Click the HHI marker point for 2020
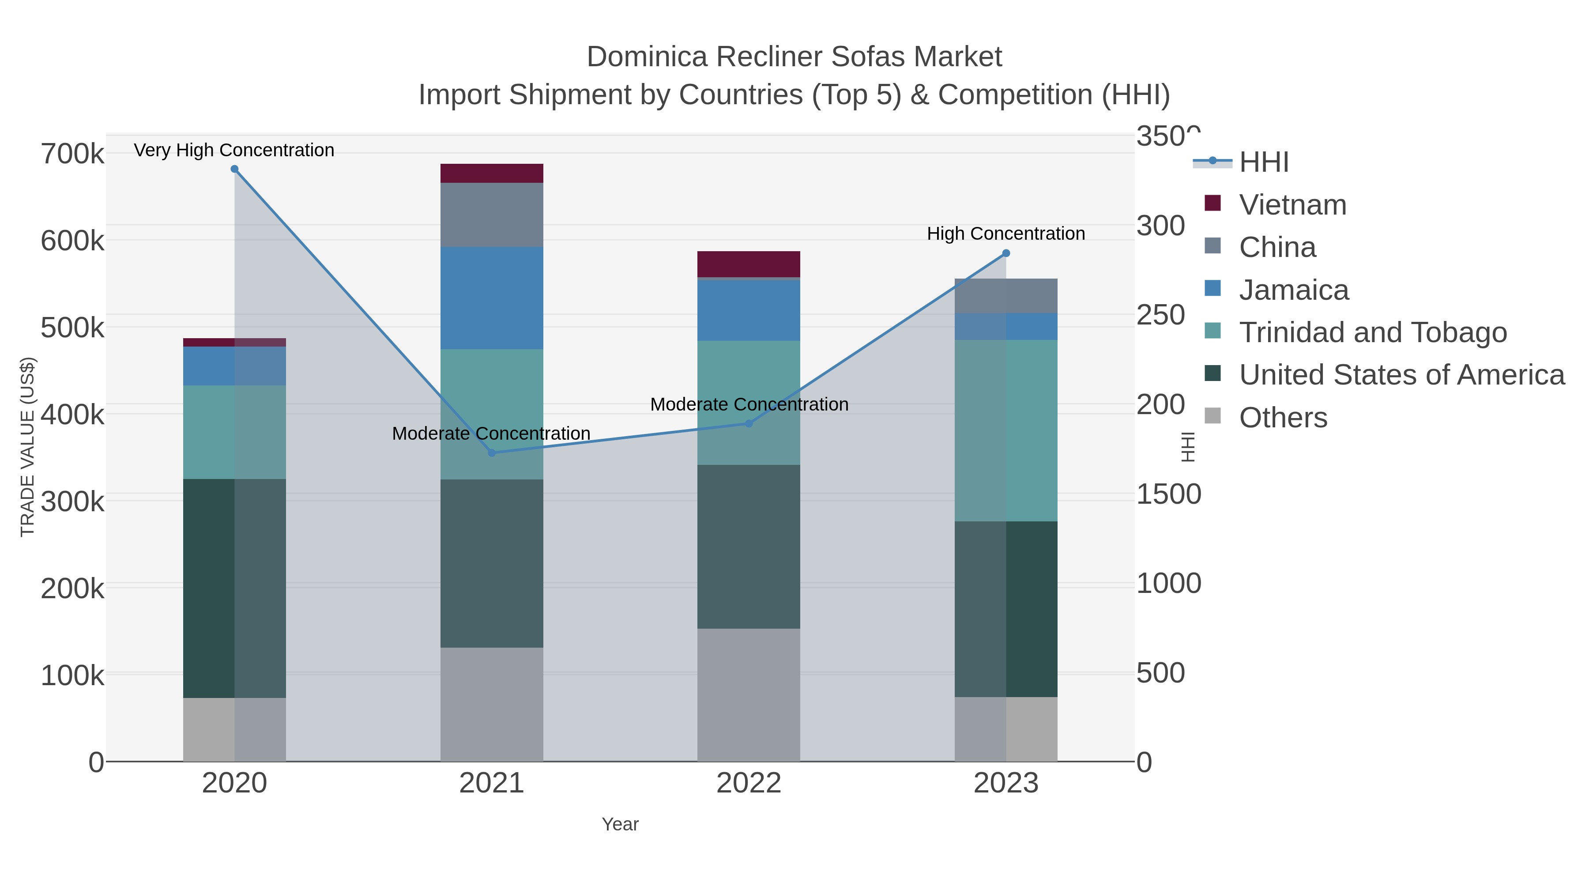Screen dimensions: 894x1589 (x=234, y=169)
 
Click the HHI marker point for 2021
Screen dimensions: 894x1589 (x=492, y=453)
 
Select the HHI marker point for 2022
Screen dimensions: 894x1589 (x=749, y=423)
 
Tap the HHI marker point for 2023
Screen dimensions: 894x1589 (x=1006, y=253)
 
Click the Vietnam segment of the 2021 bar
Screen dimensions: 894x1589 (x=492, y=174)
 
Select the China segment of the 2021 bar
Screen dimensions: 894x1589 (x=492, y=215)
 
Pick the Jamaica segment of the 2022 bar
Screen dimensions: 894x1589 (x=749, y=310)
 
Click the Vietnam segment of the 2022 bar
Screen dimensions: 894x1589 (x=749, y=264)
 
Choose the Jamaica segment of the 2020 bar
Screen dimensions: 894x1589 (x=234, y=366)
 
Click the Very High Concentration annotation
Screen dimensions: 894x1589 (x=234, y=150)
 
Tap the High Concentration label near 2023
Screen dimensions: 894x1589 (x=1006, y=234)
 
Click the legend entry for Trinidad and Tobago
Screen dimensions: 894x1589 (x=1372, y=332)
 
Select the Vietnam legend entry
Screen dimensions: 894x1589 (x=1292, y=205)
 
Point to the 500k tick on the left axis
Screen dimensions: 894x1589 (x=73, y=328)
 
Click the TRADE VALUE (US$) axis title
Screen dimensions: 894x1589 (x=28, y=447)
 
